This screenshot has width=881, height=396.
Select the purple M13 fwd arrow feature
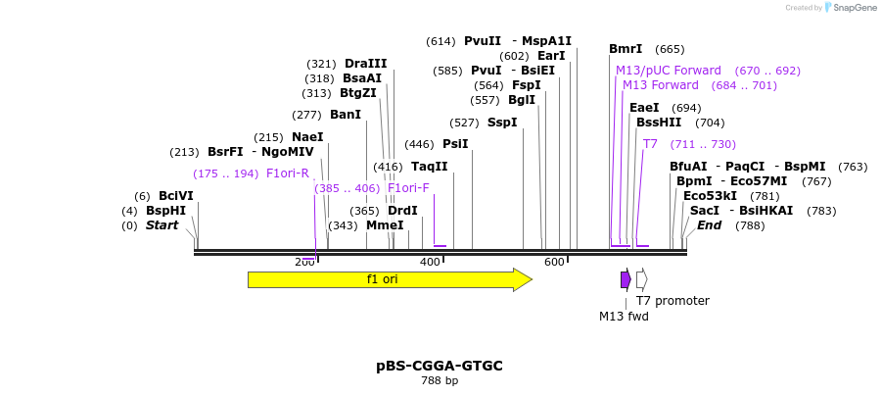[x=626, y=279]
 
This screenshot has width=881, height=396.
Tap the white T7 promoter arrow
[x=641, y=279]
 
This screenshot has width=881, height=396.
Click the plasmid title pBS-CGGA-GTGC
[x=440, y=366]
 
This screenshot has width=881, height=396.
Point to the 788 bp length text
[x=440, y=381]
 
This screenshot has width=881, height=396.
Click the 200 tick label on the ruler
[x=304, y=262]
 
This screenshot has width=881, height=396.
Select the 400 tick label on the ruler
[x=430, y=262]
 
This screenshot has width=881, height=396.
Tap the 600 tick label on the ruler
[x=555, y=262]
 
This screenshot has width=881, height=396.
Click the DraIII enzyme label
[x=365, y=64]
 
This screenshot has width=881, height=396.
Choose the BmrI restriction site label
[x=626, y=49]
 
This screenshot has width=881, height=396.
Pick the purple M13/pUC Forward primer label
[x=669, y=71]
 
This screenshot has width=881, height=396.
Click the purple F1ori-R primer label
[x=288, y=173]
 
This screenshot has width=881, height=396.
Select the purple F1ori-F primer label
[x=408, y=188]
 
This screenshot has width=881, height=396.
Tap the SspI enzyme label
[x=502, y=123]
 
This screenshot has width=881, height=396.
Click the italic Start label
[x=162, y=225]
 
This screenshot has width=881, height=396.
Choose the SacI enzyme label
[x=705, y=211]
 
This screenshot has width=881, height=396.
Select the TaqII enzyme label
[x=429, y=167]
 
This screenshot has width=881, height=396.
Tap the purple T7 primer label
[x=650, y=144]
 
